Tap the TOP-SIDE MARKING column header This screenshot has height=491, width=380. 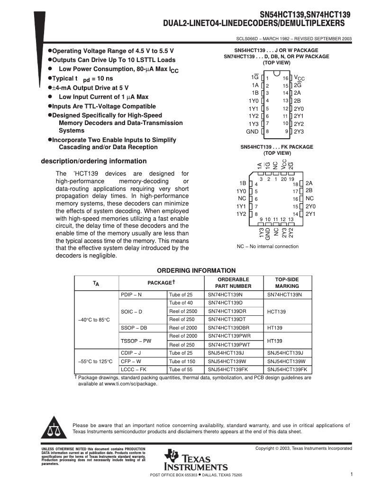point(287,283)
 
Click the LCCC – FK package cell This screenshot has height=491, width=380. point(134,369)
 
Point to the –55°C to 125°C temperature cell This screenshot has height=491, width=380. point(94,361)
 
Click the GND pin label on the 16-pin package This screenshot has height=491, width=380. point(252,131)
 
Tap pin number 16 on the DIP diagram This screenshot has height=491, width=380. point(286,78)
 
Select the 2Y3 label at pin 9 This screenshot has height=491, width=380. point(299,131)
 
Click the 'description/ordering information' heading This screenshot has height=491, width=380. point(94,161)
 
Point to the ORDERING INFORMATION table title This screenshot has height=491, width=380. point(196,270)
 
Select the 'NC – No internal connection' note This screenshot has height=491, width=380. point(268,246)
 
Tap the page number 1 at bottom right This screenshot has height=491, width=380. point(352,474)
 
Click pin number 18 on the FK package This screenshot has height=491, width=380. point(296,184)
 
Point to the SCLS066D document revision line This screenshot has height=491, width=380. point(294,39)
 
